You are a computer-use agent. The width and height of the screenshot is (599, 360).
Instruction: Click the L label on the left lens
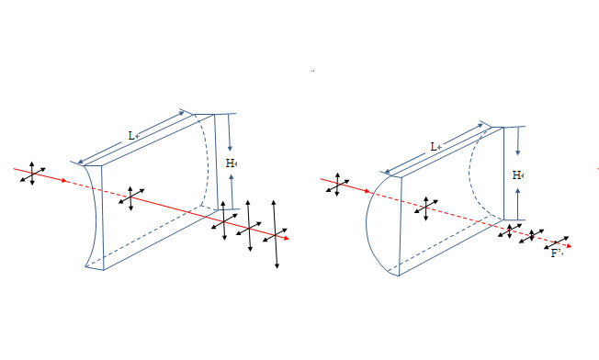[131, 136]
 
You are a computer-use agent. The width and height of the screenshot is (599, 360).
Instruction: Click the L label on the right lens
[434, 147]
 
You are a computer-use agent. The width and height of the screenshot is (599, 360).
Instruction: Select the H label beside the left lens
[230, 163]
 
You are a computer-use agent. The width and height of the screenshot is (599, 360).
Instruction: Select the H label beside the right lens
[516, 175]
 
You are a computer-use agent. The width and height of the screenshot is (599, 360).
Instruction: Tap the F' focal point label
[556, 253]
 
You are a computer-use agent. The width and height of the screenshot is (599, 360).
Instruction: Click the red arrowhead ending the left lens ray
[286, 239]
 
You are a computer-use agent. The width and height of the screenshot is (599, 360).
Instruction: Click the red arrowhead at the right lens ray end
[569, 246]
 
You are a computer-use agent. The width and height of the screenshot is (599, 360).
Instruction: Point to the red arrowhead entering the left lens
[63, 181]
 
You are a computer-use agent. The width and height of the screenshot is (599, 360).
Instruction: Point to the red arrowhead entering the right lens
[367, 191]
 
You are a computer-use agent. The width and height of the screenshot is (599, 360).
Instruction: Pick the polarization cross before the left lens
[32, 174]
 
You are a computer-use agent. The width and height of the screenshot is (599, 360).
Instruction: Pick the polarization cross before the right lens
[337, 185]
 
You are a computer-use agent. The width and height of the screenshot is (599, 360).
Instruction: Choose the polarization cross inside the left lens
[131, 198]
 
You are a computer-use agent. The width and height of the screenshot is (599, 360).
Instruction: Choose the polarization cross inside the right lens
[426, 208]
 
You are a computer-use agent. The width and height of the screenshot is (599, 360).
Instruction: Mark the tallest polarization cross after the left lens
[275, 234]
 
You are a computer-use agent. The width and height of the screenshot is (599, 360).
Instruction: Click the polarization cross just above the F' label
[556, 242]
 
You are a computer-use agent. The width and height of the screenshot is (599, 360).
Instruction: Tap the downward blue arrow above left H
[229, 132]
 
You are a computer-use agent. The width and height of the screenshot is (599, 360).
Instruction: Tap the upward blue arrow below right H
[517, 204]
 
